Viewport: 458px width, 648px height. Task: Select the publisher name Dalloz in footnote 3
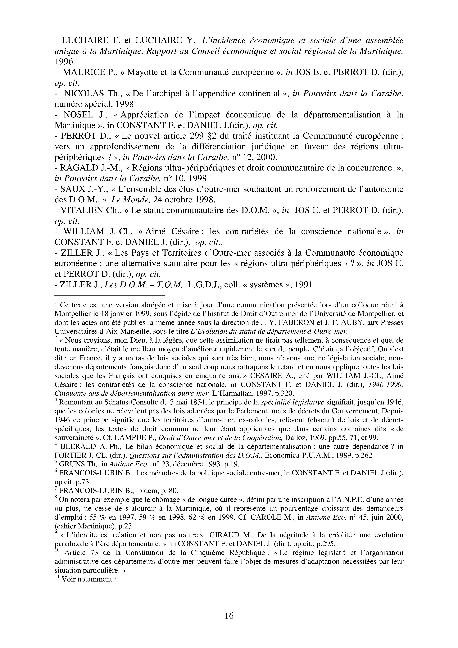click(x=295, y=437)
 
